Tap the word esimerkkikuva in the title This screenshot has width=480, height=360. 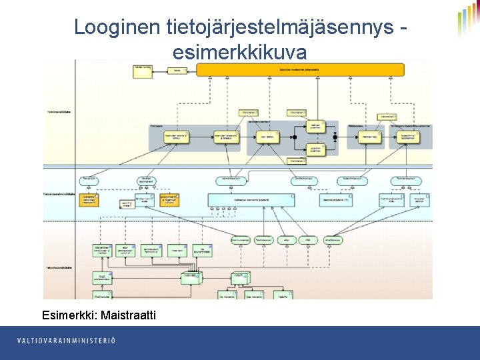click(x=240, y=51)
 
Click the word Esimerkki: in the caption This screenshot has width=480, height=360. click(x=69, y=315)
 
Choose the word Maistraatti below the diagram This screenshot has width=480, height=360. click(x=128, y=315)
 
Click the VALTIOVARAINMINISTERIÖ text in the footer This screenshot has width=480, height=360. click(x=67, y=341)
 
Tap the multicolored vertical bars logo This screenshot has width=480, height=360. click(x=468, y=20)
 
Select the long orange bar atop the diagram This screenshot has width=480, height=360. click(x=300, y=69)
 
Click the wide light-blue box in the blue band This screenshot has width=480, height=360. click(x=251, y=199)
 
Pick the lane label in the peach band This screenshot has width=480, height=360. click(x=57, y=267)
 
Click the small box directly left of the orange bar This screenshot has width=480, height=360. click(x=177, y=70)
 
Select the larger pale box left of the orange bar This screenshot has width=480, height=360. click(x=142, y=67)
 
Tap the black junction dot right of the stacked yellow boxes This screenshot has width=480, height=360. click(x=335, y=137)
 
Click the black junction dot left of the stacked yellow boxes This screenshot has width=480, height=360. click(x=293, y=137)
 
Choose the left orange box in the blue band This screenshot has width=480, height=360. click(x=88, y=200)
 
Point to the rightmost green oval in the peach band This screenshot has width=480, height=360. click(x=333, y=239)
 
